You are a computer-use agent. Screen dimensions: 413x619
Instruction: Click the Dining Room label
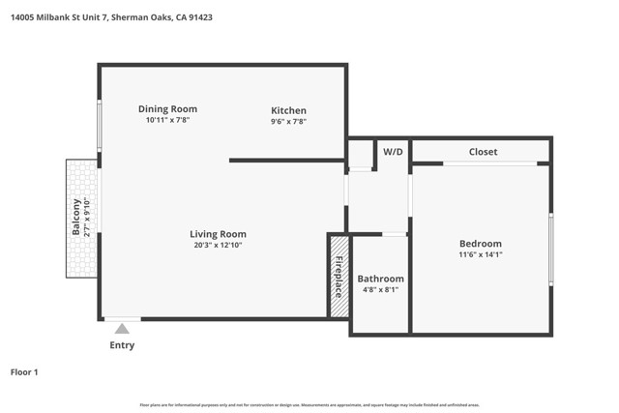click(167, 109)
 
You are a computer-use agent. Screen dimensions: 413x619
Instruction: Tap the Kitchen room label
click(288, 110)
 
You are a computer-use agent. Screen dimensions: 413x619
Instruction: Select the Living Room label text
click(218, 234)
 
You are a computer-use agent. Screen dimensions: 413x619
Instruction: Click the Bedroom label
click(480, 244)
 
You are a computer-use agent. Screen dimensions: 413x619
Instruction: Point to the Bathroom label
click(380, 279)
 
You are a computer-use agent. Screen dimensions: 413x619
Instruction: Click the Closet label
click(483, 152)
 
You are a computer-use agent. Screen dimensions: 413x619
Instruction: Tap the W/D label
click(393, 152)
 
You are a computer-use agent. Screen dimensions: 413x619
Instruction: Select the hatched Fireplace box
click(339, 276)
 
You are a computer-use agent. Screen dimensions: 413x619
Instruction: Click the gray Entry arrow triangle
click(122, 329)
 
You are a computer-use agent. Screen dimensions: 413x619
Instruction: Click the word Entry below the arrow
click(122, 345)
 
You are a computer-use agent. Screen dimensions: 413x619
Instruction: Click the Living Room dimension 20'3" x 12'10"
click(218, 246)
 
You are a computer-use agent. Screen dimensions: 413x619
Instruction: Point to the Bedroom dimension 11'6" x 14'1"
click(480, 255)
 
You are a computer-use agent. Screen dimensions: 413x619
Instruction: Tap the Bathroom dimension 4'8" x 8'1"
click(380, 290)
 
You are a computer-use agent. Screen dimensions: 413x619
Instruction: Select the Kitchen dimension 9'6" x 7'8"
click(288, 122)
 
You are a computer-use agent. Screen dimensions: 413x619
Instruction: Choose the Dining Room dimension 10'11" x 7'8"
click(167, 121)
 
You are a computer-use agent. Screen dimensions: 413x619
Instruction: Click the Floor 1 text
click(24, 371)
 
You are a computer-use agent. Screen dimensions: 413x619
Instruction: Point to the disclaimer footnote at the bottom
click(309, 404)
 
